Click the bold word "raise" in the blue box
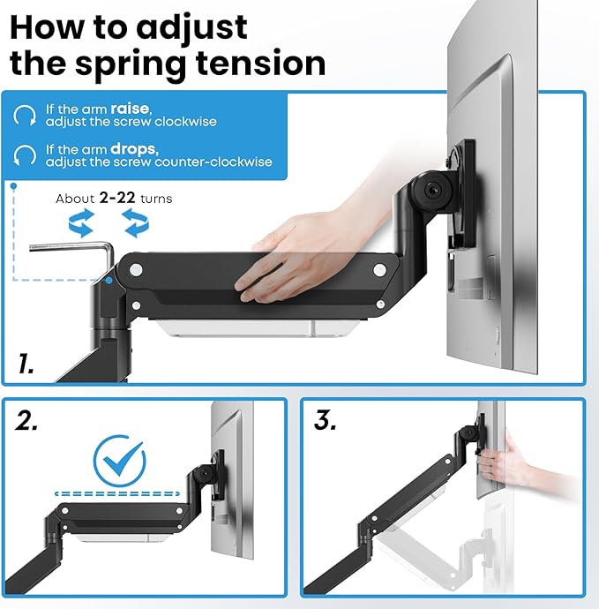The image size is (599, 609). [x=130, y=109]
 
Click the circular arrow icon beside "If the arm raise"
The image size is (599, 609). [x=26, y=115]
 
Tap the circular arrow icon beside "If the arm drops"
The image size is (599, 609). [x=26, y=156]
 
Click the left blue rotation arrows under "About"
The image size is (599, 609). [x=81, y=223]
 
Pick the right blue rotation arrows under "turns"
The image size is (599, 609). [x=135, y=223]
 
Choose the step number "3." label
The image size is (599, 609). [x=326, y=422]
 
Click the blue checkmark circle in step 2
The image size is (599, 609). [x=120, y=458]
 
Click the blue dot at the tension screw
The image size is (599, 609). [x=107, y=282]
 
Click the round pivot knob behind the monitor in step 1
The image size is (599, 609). [x=433, y=189]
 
